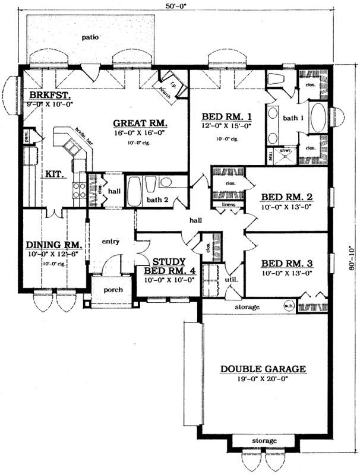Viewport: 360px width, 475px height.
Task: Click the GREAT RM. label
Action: (141, 123)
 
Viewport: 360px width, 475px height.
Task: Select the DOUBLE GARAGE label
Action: (263, 369)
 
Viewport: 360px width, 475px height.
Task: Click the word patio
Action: (90, 37)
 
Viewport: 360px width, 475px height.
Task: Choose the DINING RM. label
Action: (53, 244)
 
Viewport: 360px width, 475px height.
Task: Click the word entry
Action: (111, 242)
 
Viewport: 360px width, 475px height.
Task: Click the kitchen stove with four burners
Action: (79, 189)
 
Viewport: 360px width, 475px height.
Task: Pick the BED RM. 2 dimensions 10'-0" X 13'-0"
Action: (287, 207)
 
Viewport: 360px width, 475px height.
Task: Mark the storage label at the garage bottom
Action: (264, 441)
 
